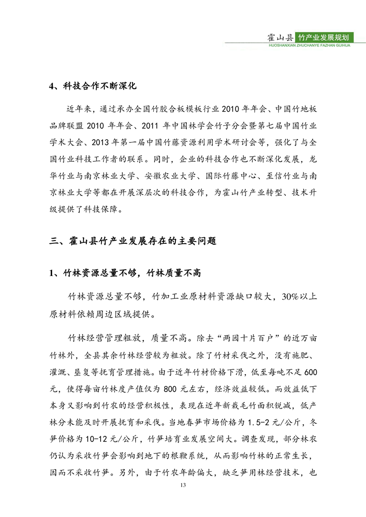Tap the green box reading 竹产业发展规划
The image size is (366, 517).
point(326,37)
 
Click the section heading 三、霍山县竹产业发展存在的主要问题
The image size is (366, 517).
point(133,240)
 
